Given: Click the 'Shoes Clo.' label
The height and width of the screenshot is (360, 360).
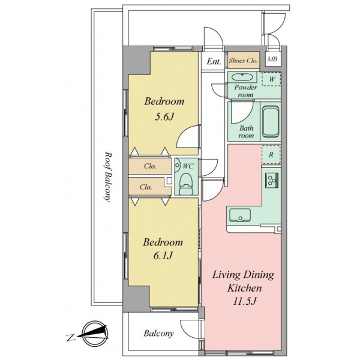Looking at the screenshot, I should coord(242,61).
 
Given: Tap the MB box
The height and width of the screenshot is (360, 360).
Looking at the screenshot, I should coord(272,60).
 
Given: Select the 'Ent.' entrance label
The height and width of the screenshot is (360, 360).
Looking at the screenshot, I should coord(214,61).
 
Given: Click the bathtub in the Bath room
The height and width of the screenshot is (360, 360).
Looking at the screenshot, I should coord(271,122).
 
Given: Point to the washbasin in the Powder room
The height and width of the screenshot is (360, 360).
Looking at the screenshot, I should coord(242,78).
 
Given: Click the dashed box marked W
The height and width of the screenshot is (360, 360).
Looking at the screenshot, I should coord(272,79).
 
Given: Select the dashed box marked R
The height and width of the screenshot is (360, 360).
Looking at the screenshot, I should coord(272,154).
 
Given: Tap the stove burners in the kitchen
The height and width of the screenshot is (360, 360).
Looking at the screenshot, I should coord(271,179).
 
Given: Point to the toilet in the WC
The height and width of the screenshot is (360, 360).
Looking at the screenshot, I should coord(185,183).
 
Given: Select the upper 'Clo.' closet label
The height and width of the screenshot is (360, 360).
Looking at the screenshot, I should coord(150,166).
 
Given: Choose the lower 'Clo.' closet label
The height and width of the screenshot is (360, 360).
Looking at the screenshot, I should coord(146,187).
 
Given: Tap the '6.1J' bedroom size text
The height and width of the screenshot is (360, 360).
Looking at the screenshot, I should coord(162,256).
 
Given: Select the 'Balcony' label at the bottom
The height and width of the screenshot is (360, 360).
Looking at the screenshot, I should coord(158,334).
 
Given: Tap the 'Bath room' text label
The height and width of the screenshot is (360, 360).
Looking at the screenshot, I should coord(247,132).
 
